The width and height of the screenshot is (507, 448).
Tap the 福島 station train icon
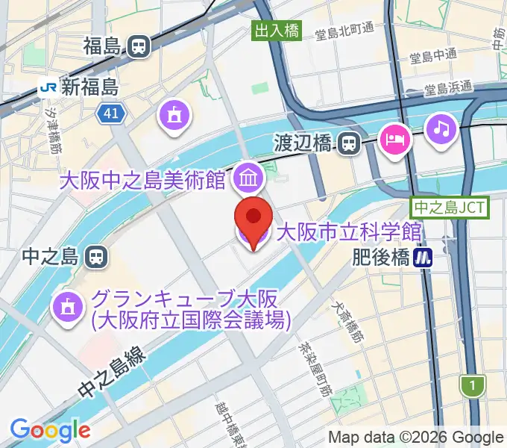138,46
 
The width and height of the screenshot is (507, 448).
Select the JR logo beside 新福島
48,87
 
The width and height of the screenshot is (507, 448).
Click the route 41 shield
111,113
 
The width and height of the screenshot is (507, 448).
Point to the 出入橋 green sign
277,31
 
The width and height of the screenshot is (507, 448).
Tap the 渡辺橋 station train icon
348,143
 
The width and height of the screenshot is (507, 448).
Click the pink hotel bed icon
394,139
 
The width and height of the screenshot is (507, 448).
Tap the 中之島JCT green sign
450,208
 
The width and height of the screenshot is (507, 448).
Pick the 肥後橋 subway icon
425,257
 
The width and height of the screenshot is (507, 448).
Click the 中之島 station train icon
96,258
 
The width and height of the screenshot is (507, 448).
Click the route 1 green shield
471,386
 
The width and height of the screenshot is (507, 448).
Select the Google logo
50,431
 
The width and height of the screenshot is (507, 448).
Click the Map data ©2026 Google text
416,437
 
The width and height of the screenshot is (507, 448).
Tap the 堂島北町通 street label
344,31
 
